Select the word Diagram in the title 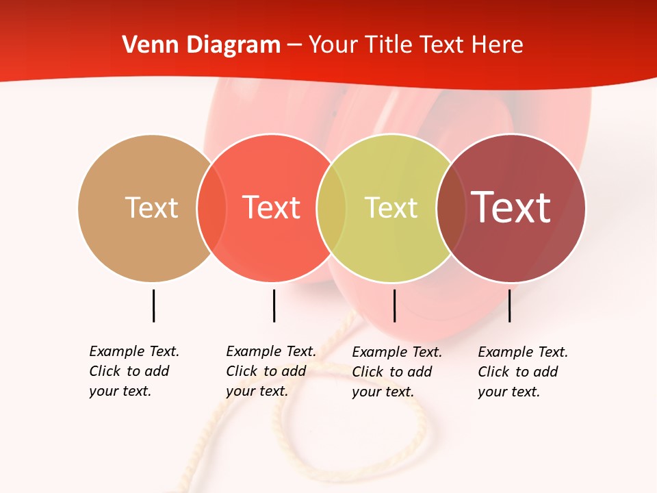(x=233, y=45)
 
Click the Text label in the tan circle (x=151, y=207)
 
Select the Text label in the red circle (x=272, y=207)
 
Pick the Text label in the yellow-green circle (x=391, y=207)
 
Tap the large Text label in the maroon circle (x=511, y=207)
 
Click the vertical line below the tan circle (x=153, y=305)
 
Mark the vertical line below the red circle (x=274, y=305)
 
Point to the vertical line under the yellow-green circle (x=394, y=305)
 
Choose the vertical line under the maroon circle (x=509, y=305)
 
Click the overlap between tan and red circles (x=211, y=207)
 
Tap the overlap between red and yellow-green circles (x=331, y=207)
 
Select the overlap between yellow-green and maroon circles (x=451, y=207)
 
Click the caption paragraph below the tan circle (x=133, y=371)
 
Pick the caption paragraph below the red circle (x=270, y=371)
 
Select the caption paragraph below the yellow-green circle (x=396, y=372)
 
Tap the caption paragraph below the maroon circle (x=522, y=372)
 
